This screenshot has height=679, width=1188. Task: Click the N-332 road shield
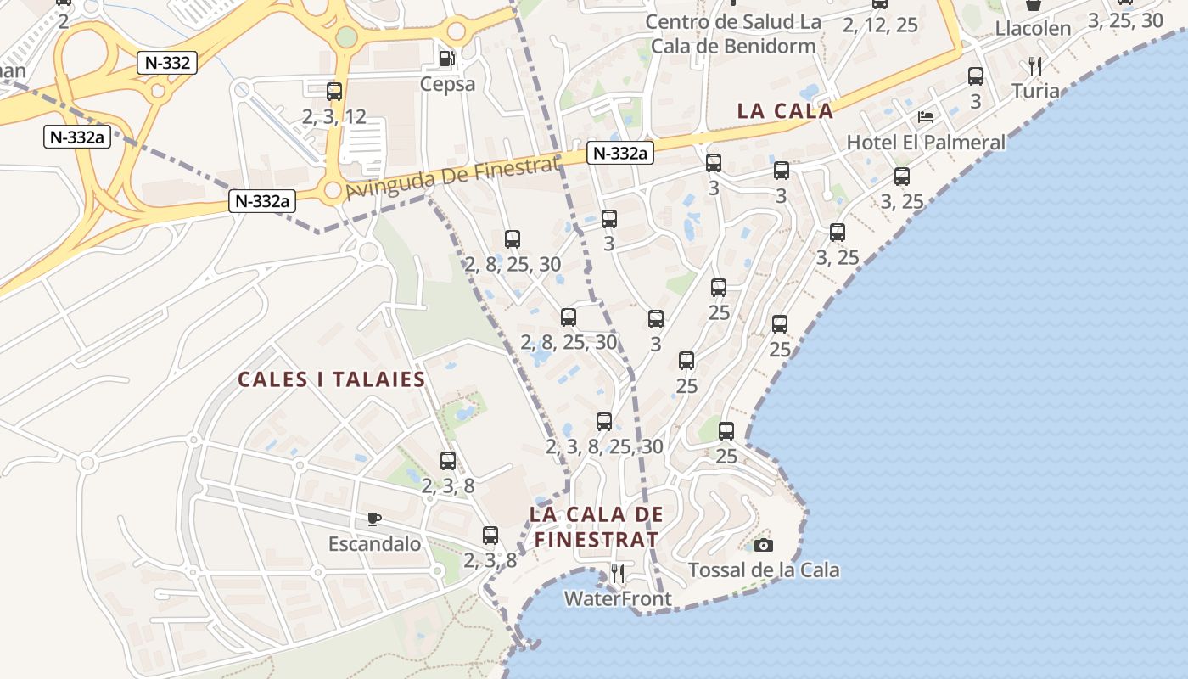click(166, 62)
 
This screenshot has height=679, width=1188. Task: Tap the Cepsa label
click(447, 84)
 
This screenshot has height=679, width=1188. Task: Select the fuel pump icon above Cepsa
click(446, 59)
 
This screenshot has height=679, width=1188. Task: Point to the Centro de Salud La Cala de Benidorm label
click(732, 34)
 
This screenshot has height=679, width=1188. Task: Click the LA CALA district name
click(785, 111)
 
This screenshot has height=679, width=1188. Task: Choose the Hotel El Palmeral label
click(926, 142)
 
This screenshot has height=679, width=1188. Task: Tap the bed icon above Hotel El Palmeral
click(926, 116)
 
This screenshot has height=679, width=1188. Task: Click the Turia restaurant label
click(1035, 91)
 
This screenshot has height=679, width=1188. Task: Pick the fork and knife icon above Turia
click(1034, 65)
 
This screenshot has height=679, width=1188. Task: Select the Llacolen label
click(1033, 28)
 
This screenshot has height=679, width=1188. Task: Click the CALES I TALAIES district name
click(331, 379)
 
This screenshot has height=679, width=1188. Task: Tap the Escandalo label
click(374, 543)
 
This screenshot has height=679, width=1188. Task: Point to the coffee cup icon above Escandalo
click(374, 519)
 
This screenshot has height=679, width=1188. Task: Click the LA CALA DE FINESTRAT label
click(596, 526)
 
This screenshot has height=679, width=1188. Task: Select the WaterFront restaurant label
click(618, 598)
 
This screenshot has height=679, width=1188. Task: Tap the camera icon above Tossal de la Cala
click(764, 545)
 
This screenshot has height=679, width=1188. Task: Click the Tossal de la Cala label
click(764, 570)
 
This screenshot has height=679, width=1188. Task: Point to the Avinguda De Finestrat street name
click(453, 177)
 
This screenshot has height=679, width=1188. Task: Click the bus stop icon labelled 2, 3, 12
click(334, 92)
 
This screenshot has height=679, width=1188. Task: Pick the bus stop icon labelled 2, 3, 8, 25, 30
click(604, 422)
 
